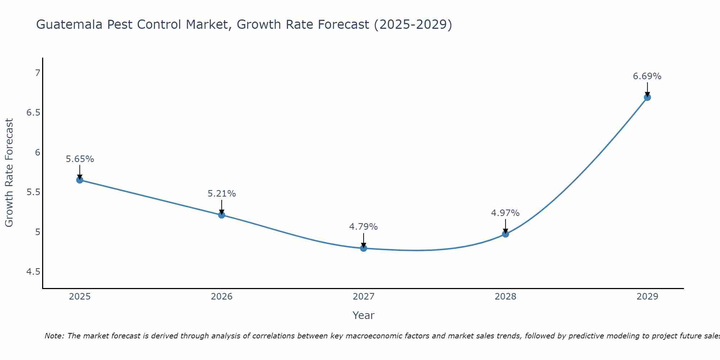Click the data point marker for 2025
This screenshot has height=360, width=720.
[80, 180]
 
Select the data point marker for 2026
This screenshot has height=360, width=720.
[222, 215]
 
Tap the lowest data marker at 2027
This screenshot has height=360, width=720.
[364, 248]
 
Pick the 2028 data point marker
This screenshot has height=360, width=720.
[505, 234]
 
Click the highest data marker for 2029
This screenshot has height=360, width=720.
[647, 97]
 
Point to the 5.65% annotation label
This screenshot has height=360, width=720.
[80, 159]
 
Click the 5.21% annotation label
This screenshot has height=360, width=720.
[222, 194]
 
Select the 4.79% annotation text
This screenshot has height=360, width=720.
[364, 227]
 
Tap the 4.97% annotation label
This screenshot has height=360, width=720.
[505, 213]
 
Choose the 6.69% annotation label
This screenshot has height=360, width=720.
[647, 76]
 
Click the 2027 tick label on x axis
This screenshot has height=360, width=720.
[364, 297]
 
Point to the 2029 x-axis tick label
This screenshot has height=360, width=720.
[647, 297]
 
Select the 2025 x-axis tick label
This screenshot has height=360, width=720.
[80, 297]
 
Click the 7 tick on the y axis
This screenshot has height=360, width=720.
[37, 73]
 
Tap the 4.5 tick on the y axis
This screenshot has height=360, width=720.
[33, 272]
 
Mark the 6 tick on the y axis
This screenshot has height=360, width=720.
[37, 153]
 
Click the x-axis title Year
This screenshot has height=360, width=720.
[364, 315]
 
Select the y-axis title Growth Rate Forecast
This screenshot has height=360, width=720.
[9, 173]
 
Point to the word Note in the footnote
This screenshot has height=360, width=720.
[54, 336]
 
